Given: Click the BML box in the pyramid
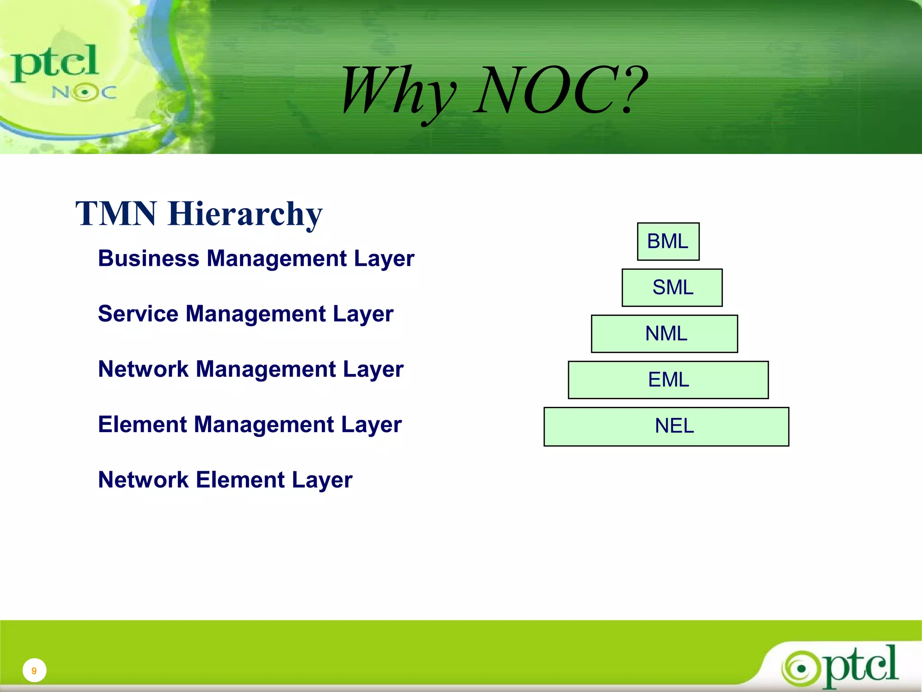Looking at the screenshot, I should [668, 241].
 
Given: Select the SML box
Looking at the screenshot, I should [672, 287].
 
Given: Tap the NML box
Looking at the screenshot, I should [664, 333].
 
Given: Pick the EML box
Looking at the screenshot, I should [668, 380].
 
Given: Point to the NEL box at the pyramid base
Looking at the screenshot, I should [666, 426].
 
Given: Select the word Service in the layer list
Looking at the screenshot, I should [138, 314].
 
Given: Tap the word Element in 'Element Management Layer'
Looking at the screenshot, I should [142, 424].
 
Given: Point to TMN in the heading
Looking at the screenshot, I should [116, 214].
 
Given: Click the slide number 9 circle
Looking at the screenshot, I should [34, 670].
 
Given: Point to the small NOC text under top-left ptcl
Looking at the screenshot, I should [84, 92].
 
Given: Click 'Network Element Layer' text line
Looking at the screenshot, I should [225, 480].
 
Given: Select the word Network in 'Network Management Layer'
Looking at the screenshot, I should [143, 369].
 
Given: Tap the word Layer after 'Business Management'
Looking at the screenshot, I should [384, 259].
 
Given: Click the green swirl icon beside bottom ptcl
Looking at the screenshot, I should [801, 669].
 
